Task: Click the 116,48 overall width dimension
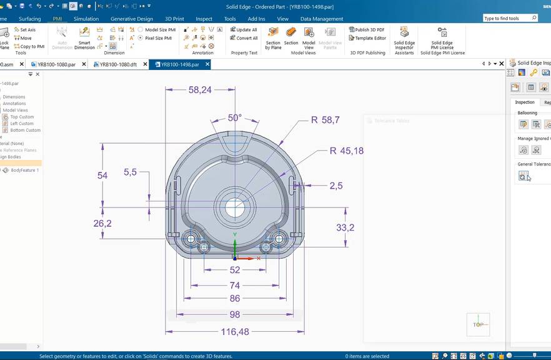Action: tap(235, 331)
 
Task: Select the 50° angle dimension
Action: tap(234, 117)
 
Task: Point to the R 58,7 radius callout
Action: tap(325, 119)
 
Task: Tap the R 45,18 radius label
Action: tap(346, 151)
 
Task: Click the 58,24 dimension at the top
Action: tap(200, 90)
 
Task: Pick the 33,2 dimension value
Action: tap(345, 227)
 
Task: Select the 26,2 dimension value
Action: tap(102, 223)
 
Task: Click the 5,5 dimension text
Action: tap(130, 172)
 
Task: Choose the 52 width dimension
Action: tap(235, 270)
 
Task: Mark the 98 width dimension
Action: tap(235, 314)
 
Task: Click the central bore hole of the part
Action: tap(235, 207)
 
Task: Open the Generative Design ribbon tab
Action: tap(132, 19)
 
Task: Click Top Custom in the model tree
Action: tap(22, 117)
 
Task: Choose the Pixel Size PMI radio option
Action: tap(157, 38)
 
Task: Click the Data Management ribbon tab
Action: tap(322, 19)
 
